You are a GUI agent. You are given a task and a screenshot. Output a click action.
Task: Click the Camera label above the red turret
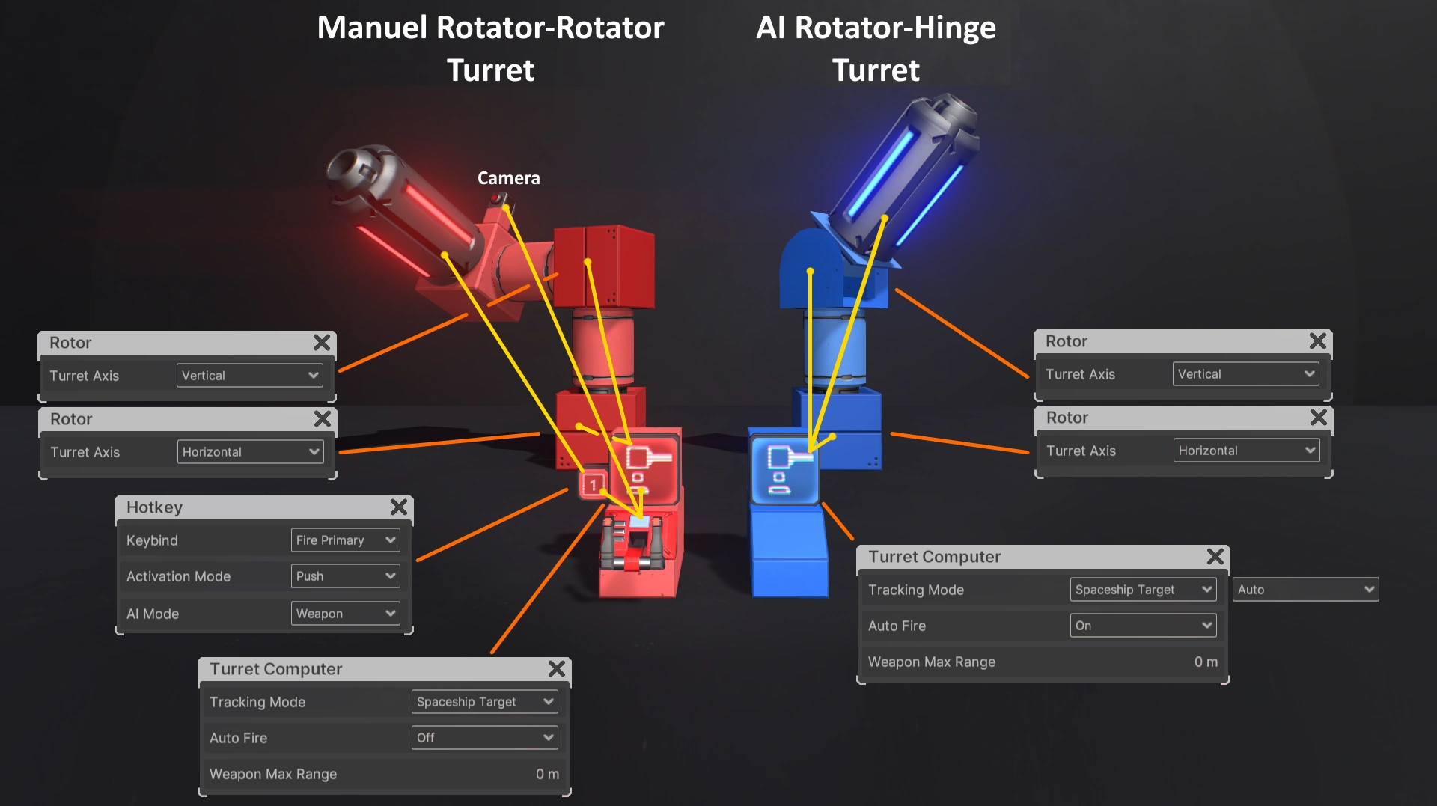pos(508,178)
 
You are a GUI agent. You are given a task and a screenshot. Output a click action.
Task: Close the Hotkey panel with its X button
pos(399,507)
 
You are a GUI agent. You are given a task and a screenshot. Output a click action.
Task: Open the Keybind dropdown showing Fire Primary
pos(345,540)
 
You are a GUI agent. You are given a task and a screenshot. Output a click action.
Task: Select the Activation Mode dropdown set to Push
pos(345,576)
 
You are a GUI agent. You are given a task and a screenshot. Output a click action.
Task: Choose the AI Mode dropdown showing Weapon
pos(345,614)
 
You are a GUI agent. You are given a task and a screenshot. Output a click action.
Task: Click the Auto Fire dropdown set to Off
pos(484,738)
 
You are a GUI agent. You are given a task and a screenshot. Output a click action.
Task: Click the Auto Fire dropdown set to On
pos(1143,626)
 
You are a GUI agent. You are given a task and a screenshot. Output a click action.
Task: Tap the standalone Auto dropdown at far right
pos(1305,590)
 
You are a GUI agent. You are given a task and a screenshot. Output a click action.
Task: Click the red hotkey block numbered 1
pos(593,485)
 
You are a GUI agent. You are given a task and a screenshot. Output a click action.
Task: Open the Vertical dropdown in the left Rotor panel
pos(249,376)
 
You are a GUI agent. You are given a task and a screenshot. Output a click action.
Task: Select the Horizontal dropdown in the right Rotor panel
pos(1245,451)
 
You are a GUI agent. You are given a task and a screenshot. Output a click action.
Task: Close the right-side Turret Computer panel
pos(1215,557)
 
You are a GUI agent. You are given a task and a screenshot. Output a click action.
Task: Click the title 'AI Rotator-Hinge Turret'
pos(876,49)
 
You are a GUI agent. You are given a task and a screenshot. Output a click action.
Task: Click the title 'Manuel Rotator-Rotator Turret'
pos(490,49)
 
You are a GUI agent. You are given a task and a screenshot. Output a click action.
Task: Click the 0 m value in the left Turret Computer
pos(546,774)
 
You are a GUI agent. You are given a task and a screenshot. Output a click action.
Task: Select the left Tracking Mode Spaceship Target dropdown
pos(484,702)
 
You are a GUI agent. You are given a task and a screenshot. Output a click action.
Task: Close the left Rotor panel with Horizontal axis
pos(323,419)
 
